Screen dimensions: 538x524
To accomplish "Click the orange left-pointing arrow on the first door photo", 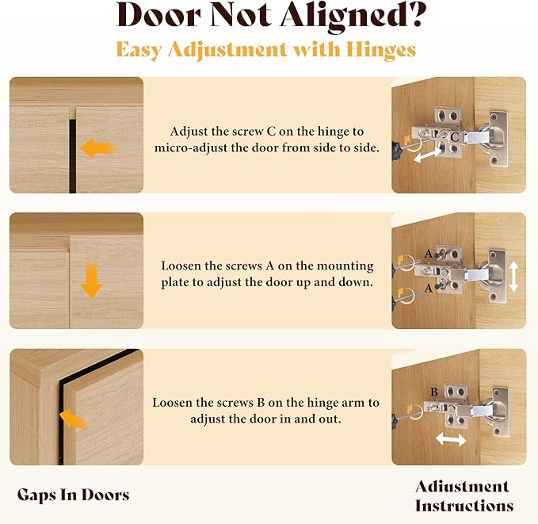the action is click(97, 148).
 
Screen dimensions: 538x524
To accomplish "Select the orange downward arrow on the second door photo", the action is click(91, 280).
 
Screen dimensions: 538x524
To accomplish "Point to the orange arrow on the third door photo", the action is click(73, 419).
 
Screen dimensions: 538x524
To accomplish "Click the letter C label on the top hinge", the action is click(454, 137).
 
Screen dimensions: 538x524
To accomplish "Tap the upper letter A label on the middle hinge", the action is click(428, 254).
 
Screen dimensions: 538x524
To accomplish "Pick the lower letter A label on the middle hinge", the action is click(428, 288).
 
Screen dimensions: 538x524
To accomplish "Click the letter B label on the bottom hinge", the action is click(434, 392).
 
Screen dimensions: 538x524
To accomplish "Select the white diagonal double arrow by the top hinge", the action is click(427, 155).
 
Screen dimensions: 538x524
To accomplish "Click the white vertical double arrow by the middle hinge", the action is click(513, 276).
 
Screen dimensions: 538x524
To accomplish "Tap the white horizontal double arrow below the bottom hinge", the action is click(451, 439).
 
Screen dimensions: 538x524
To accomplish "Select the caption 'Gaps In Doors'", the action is click(74, 495).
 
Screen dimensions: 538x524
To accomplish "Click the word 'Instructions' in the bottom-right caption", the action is click(464, 506).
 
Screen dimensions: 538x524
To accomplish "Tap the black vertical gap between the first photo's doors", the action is click(72, 156).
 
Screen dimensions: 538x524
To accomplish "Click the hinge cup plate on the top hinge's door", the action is click(498, 139).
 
